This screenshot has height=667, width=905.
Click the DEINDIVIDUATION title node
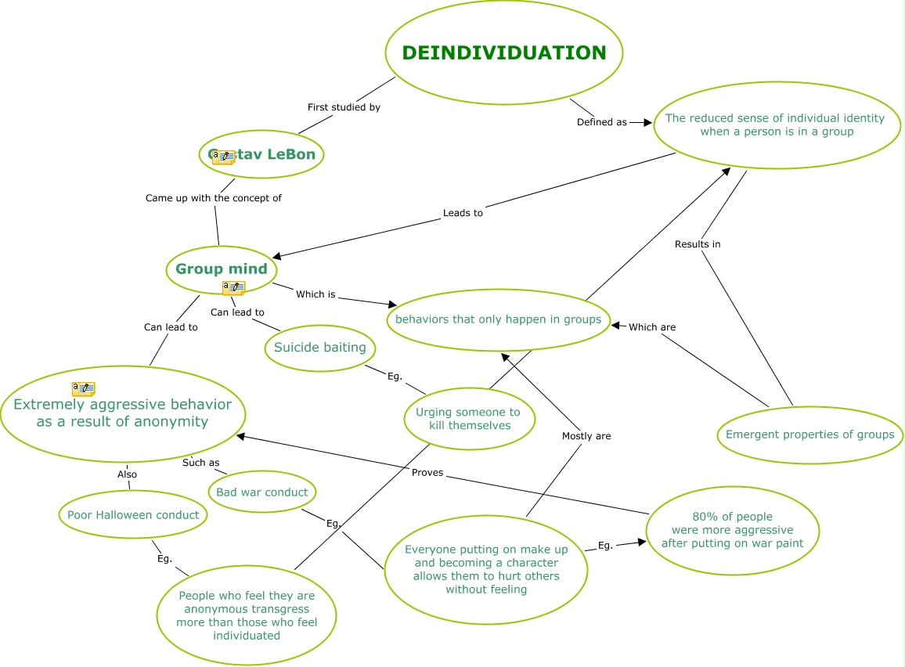(x=504, y=52)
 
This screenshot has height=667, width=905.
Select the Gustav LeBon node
(x=261, y=154)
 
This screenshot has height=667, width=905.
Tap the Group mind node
(x=222, y=269)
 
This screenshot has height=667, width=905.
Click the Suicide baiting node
(x=320, y=348)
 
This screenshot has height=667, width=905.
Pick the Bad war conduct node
(x=262, y=492)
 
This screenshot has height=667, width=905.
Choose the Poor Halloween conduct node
(x=133, y=514)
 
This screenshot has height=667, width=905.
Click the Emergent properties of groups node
(x=810, y=434)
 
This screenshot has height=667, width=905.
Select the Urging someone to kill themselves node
(x=470, y=419)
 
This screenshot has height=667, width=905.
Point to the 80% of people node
(x=733, y=530)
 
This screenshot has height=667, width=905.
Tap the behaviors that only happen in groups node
(x=499, y=319)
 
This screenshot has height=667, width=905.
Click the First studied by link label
(x=344, y=107)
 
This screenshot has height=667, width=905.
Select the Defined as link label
(x=602, y=122)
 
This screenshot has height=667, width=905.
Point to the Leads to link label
(x=463, y=213)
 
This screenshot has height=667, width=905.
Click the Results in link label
(x=698, y=244)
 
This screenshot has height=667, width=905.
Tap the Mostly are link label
(x=586, y=436)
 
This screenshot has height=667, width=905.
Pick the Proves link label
(x=427, y=473)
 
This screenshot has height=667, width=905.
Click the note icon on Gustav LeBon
(x=223, y=157)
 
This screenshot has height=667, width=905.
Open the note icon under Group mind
(x=234, y=287)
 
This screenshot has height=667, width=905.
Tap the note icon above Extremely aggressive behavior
(x=84, y=388)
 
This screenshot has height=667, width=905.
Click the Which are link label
(x=652, y=327)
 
